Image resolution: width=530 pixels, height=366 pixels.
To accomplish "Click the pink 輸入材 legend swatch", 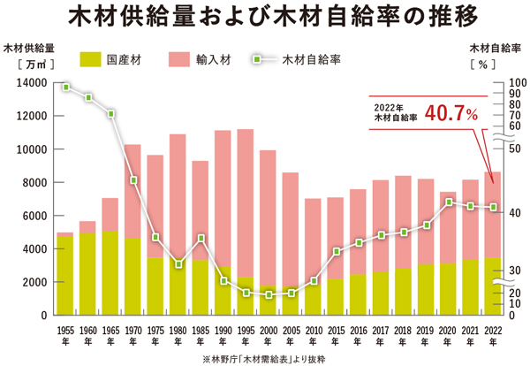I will (x=174, y=60).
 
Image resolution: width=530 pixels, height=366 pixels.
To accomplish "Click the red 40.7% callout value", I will (x=450, y=113).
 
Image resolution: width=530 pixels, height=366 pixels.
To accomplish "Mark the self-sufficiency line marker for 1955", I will (x=66, y=88).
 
